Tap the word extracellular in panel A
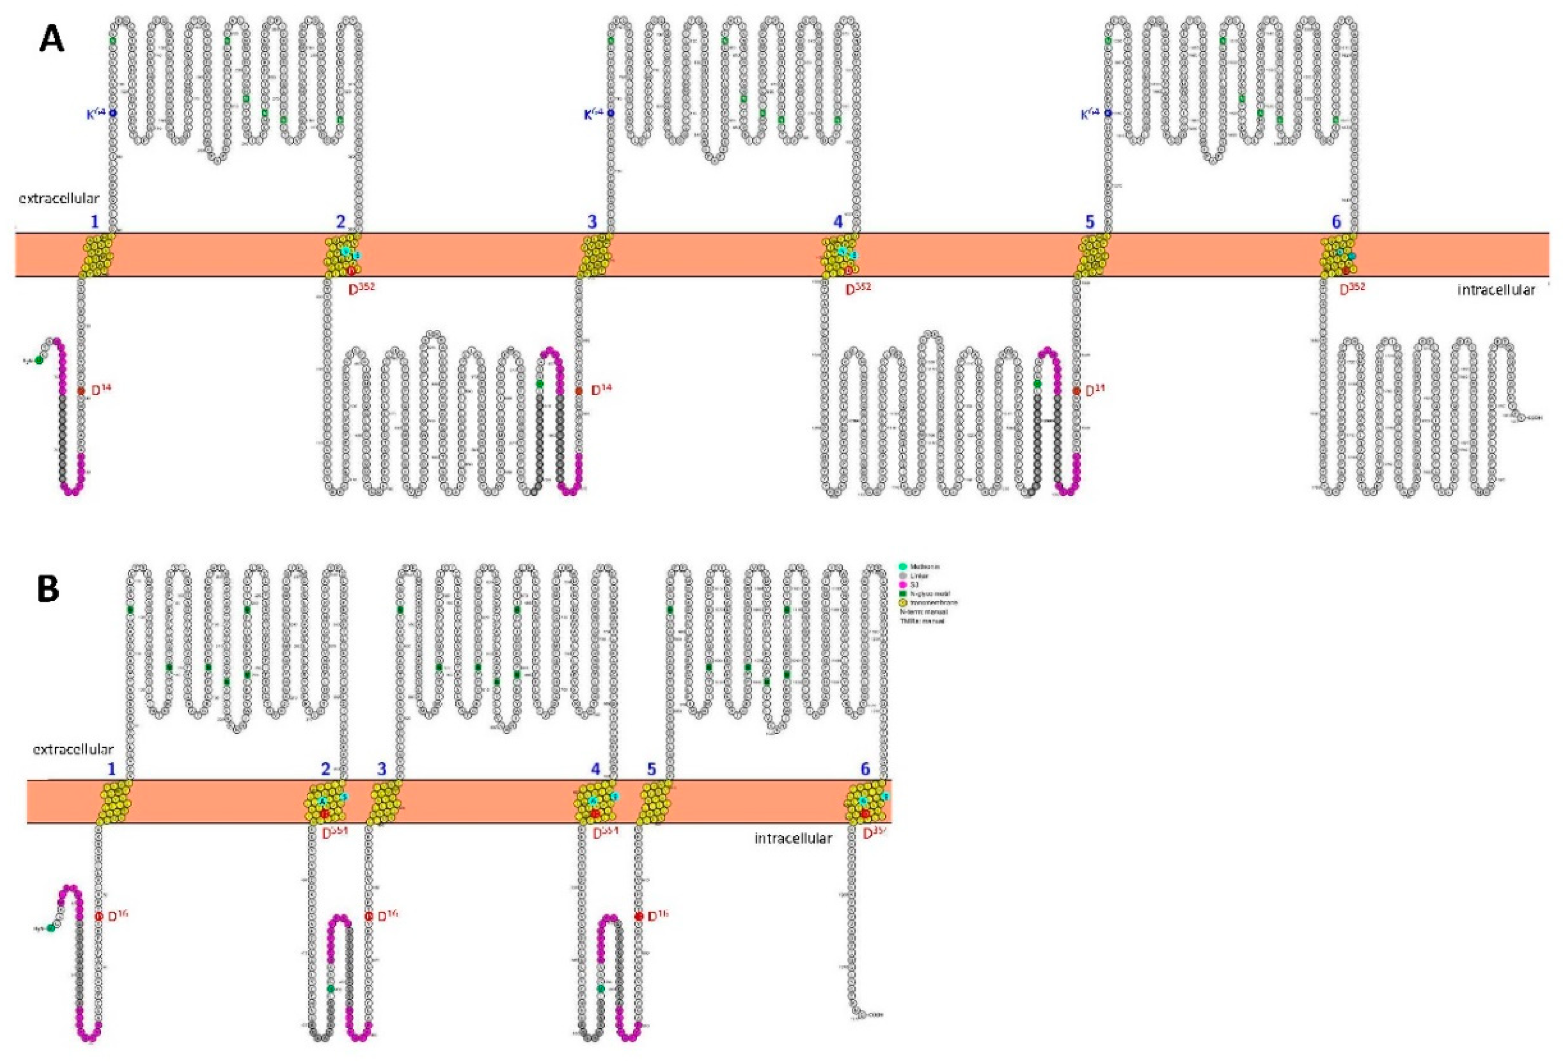point(59,198)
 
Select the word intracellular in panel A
point(1496,290)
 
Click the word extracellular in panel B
point(73,748)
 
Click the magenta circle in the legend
point(903,584)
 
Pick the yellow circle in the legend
point(903,602)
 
